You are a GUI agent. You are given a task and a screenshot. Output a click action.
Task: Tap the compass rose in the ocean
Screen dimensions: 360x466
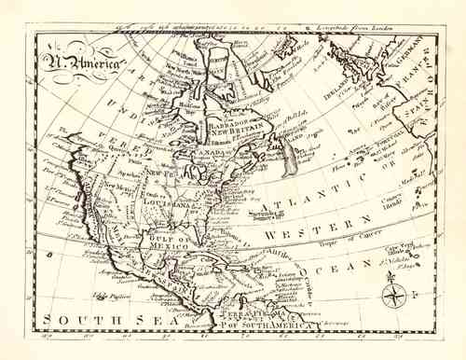click(x=391, y=295)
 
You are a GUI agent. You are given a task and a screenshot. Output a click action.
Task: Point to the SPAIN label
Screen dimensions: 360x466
click(x=426, y=121)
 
